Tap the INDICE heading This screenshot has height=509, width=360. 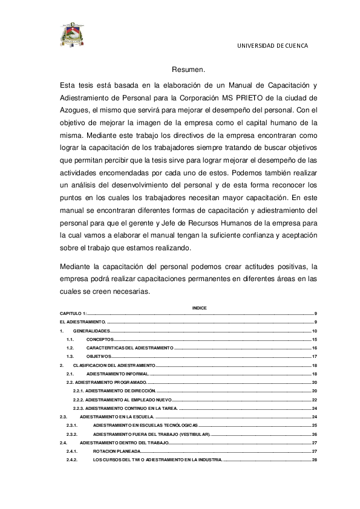click(x=199, y=308)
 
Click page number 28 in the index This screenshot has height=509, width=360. click(x=314, y=460)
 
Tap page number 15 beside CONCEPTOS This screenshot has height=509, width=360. click(x=314, y=340)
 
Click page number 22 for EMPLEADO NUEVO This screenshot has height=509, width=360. click(x=314, y=400)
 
